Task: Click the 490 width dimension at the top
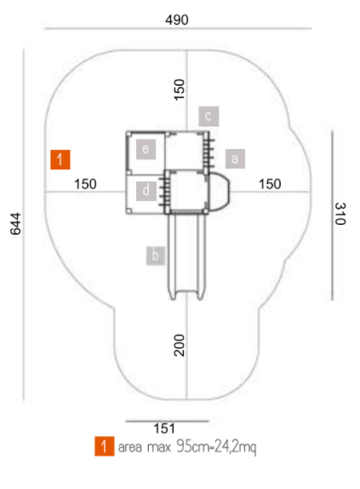176,20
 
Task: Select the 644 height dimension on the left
15,223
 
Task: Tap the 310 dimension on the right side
340,214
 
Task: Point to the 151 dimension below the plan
164,429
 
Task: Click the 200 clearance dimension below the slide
180,345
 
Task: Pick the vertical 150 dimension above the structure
180,89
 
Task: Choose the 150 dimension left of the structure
85,184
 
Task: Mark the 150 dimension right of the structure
270,184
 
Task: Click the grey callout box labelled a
235,158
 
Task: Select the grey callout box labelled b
156,256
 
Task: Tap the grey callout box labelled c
209,117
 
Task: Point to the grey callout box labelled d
146,191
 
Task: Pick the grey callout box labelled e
146,149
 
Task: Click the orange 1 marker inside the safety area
60,159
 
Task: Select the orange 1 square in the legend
105,446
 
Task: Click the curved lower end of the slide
186,293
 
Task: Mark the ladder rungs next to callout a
209,152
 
